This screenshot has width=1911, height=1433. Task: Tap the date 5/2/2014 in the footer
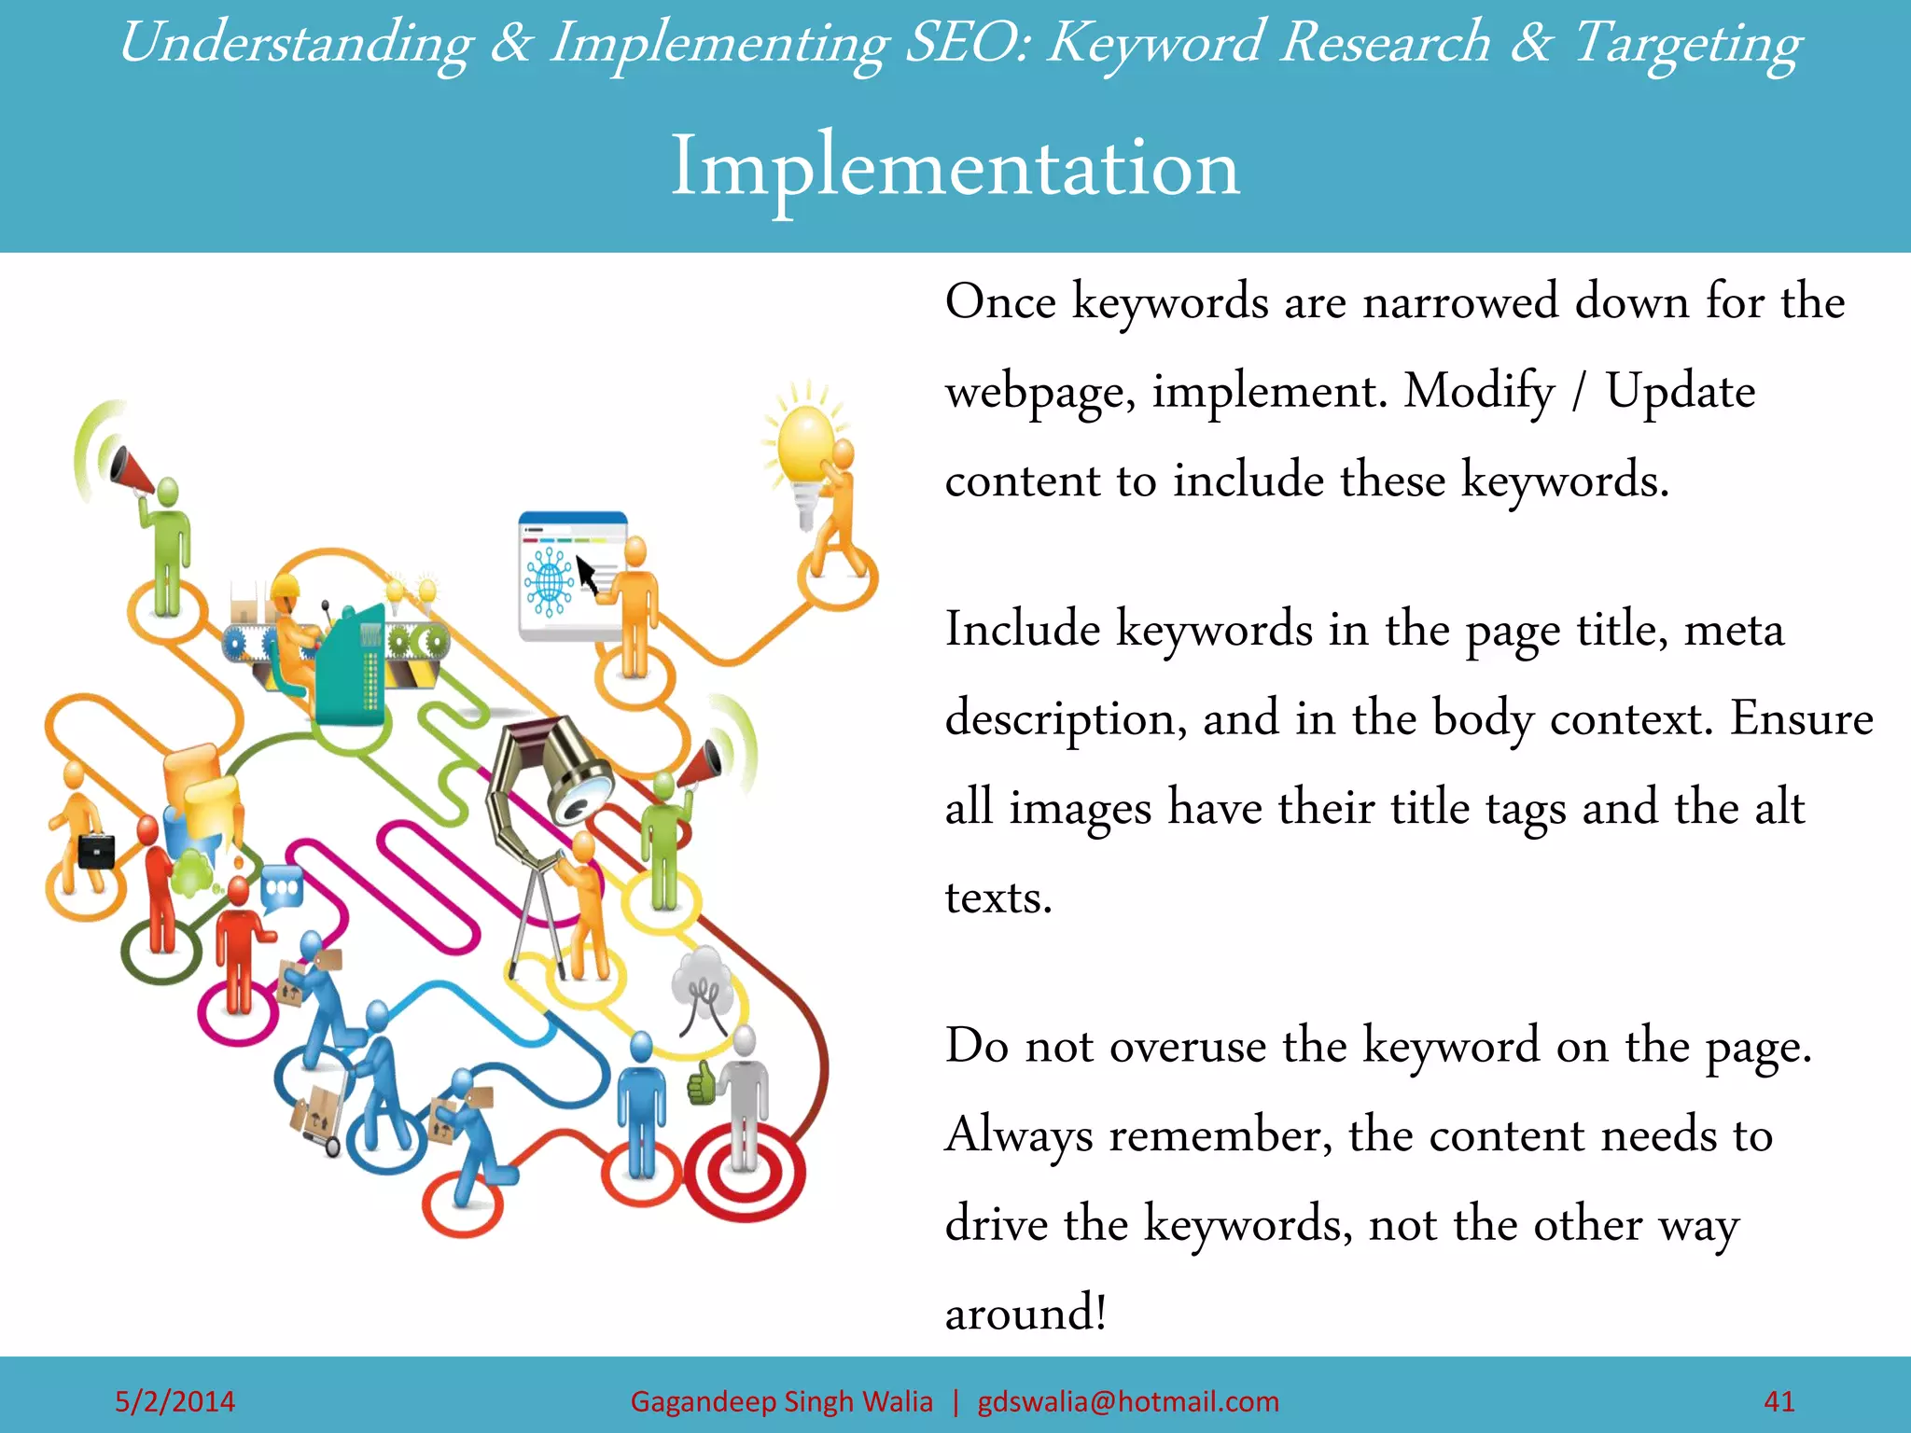point(174,1401)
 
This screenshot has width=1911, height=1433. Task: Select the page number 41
point(1779,1401)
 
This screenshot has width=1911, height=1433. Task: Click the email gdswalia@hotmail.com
point(1128,1401)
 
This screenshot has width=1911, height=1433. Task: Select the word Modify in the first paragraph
point(1479,392)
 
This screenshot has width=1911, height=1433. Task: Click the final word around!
point(1025,1314)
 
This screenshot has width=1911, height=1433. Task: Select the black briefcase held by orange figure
point(96,851)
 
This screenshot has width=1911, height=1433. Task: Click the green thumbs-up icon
point(701,1085)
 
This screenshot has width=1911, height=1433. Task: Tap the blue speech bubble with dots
point(281,888)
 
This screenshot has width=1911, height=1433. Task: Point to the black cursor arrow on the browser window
point(587,574)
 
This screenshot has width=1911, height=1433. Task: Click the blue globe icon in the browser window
point(549,582)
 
